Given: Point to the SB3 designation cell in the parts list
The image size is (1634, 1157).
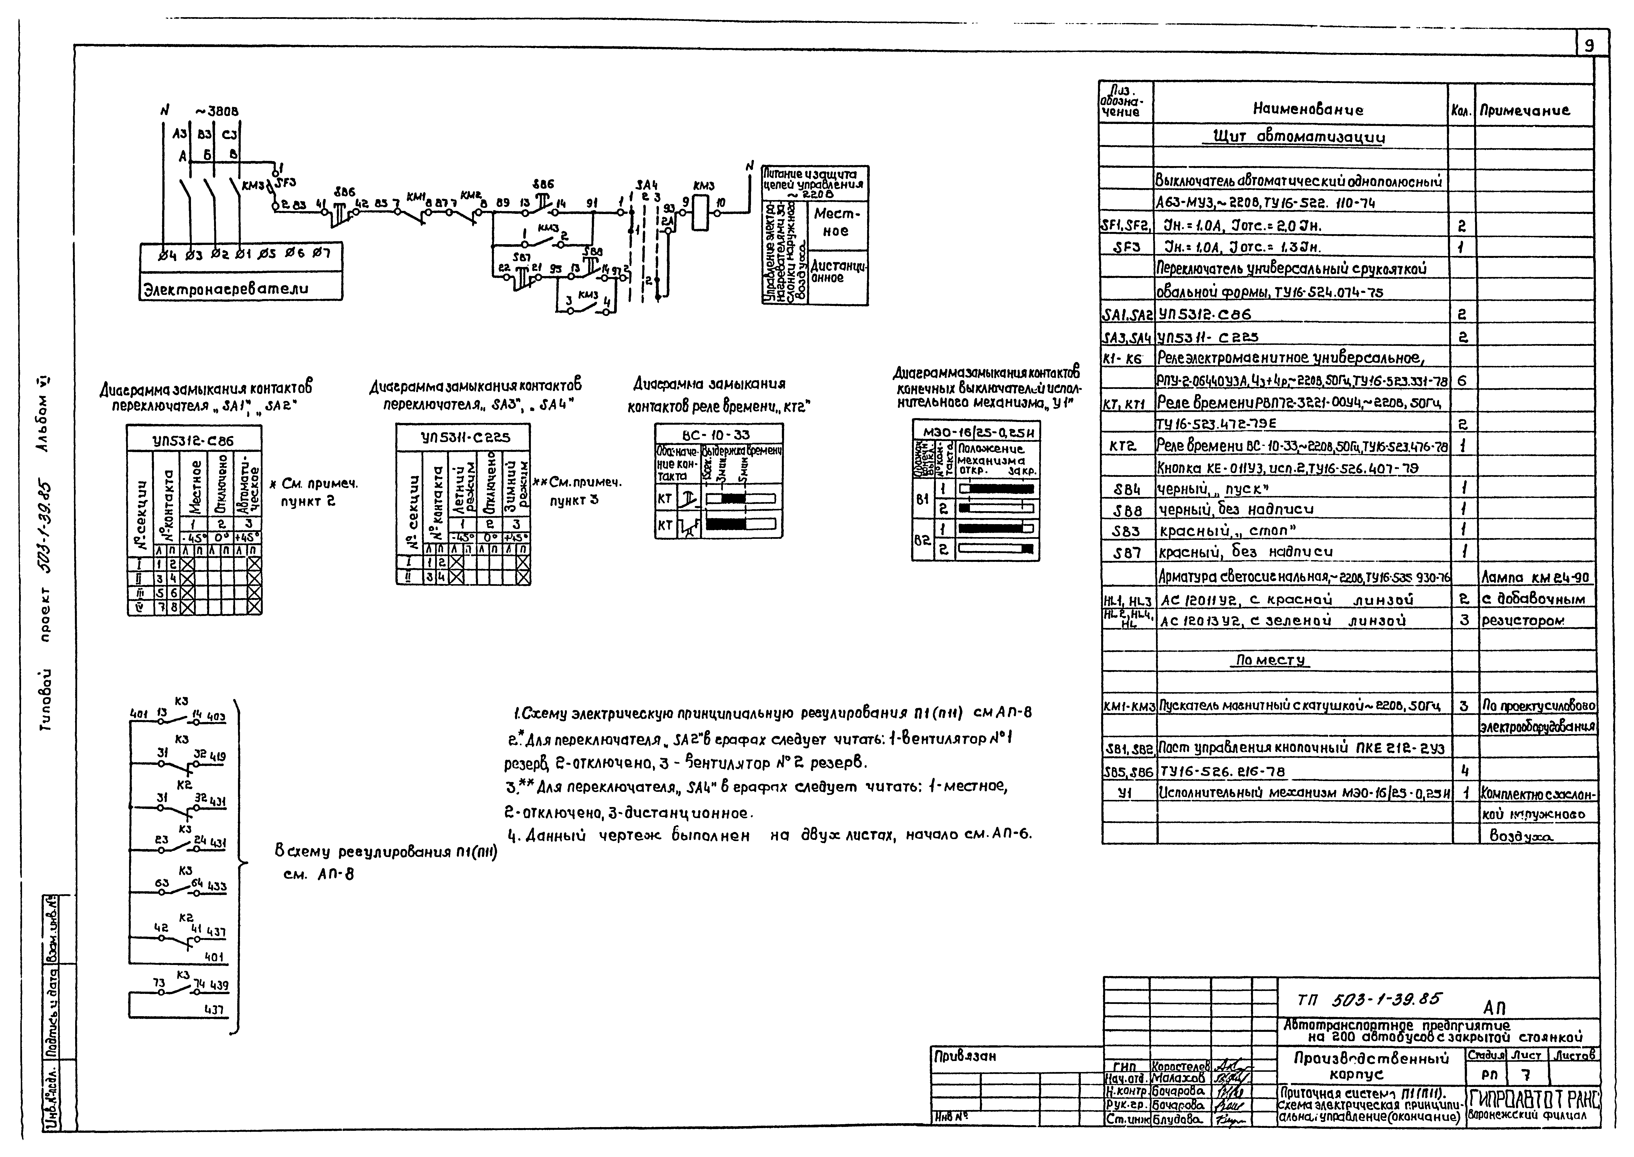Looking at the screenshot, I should (1126, 531).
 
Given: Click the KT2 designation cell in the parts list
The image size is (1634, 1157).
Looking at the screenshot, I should (1126, 446).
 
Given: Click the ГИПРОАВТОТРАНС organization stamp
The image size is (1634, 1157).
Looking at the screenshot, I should (1531, 1099).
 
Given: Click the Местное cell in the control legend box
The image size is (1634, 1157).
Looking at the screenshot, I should (837, 222).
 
